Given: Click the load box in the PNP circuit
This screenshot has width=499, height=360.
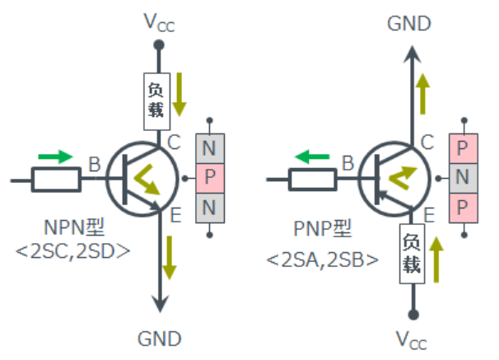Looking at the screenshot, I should (x=411, y=254).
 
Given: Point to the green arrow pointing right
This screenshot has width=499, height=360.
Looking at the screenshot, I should (x=54, y=156).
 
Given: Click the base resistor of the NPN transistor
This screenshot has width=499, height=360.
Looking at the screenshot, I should (x=57, y=179).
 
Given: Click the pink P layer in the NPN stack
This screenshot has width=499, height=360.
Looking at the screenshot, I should (x=209, y=178).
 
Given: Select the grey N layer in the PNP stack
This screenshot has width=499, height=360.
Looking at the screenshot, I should (x=463, y=177).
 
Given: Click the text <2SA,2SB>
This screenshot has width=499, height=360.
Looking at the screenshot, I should (x=322, y=260).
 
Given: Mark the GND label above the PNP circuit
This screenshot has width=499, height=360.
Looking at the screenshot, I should (x=410, y=24).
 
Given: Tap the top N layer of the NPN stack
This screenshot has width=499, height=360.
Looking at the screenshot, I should (x=209, y=150).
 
